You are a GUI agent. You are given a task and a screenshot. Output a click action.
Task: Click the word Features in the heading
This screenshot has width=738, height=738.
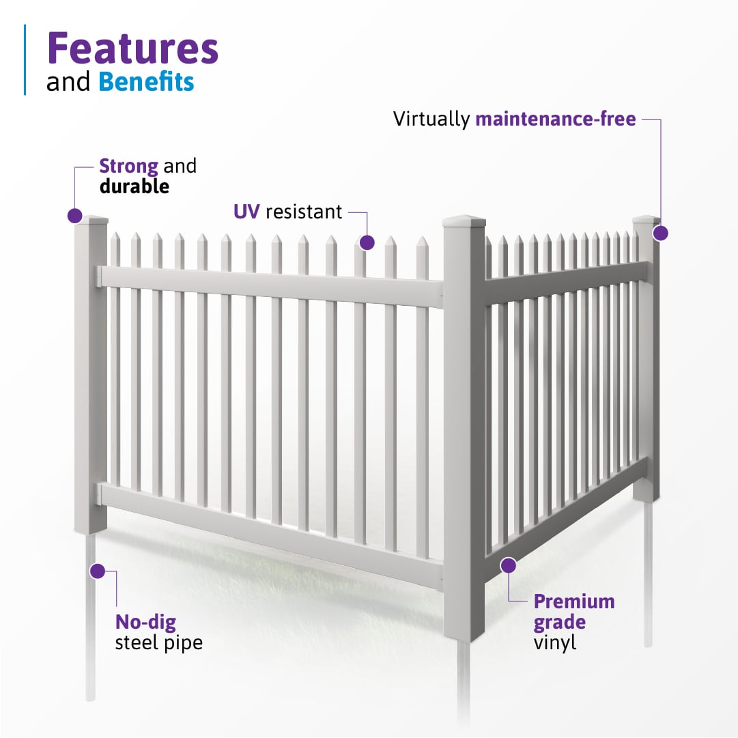[x=132, y=49]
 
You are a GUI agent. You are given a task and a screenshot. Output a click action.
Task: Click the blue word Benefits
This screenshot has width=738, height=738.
[x=146, y=82]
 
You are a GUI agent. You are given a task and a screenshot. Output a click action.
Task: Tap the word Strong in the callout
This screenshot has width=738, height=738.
[x=129, y=166]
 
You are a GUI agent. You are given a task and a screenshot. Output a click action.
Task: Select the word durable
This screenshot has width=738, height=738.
[x=134, y=186]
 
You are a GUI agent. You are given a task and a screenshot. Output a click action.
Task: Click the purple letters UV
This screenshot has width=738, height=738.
[x=246, y=212]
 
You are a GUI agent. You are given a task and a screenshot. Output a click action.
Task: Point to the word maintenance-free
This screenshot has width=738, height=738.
[x=556, y=119]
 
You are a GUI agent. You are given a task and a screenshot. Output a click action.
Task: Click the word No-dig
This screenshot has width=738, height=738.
[x=145, y=622]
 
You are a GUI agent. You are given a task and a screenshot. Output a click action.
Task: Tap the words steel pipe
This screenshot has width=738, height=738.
[x=158, y=642]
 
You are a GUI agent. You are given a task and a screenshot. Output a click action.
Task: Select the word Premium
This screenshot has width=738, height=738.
[x=574, y=601]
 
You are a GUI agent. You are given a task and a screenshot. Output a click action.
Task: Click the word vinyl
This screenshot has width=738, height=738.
[x=555, y=642]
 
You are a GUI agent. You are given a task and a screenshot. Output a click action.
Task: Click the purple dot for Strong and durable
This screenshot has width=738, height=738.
[x=75, y=216]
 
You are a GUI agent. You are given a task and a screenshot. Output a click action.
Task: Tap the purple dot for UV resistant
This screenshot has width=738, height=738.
[x=367, y=242]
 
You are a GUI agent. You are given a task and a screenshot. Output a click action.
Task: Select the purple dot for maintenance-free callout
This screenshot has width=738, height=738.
[x=659, y=233]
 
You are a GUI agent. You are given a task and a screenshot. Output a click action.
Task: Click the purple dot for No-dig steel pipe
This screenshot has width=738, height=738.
[x=97, y=571]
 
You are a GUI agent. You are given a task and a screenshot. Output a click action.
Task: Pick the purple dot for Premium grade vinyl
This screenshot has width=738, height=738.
[x=508, y=565]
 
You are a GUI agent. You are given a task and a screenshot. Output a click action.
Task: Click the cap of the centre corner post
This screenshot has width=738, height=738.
[x=464, y=222]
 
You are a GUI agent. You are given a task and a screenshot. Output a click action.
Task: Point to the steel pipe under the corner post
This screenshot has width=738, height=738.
[x=464, y=683]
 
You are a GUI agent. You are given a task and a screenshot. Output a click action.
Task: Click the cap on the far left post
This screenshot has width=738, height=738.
[x=91, y=220]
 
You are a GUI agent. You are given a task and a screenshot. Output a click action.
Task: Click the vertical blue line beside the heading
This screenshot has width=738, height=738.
[x=25, y=59]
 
